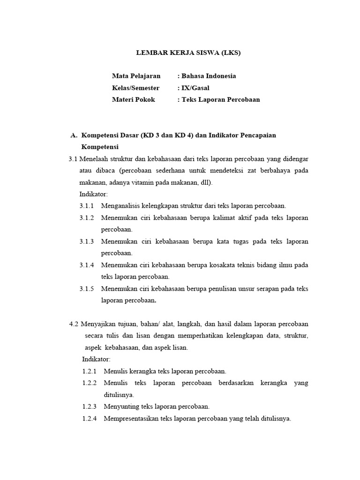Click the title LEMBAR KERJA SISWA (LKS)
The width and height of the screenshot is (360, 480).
click(x=188, y=53)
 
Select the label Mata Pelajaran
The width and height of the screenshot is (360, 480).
click(x=136, y=76)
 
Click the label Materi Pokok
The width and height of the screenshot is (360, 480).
click(x=133, y=99)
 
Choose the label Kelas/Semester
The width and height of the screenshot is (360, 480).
click(x=135, y=88)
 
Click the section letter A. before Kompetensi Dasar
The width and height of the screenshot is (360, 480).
click(x=74, y=135)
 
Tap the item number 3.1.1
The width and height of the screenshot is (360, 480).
click(x=87, y=206)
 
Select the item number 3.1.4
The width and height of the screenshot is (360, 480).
click(x=87, y=265)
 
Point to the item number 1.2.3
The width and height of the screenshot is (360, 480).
click(x=89, y=406)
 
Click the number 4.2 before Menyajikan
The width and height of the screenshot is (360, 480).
click(x=74, y=324)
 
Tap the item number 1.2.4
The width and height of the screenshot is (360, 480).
click(x=89, y=419)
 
